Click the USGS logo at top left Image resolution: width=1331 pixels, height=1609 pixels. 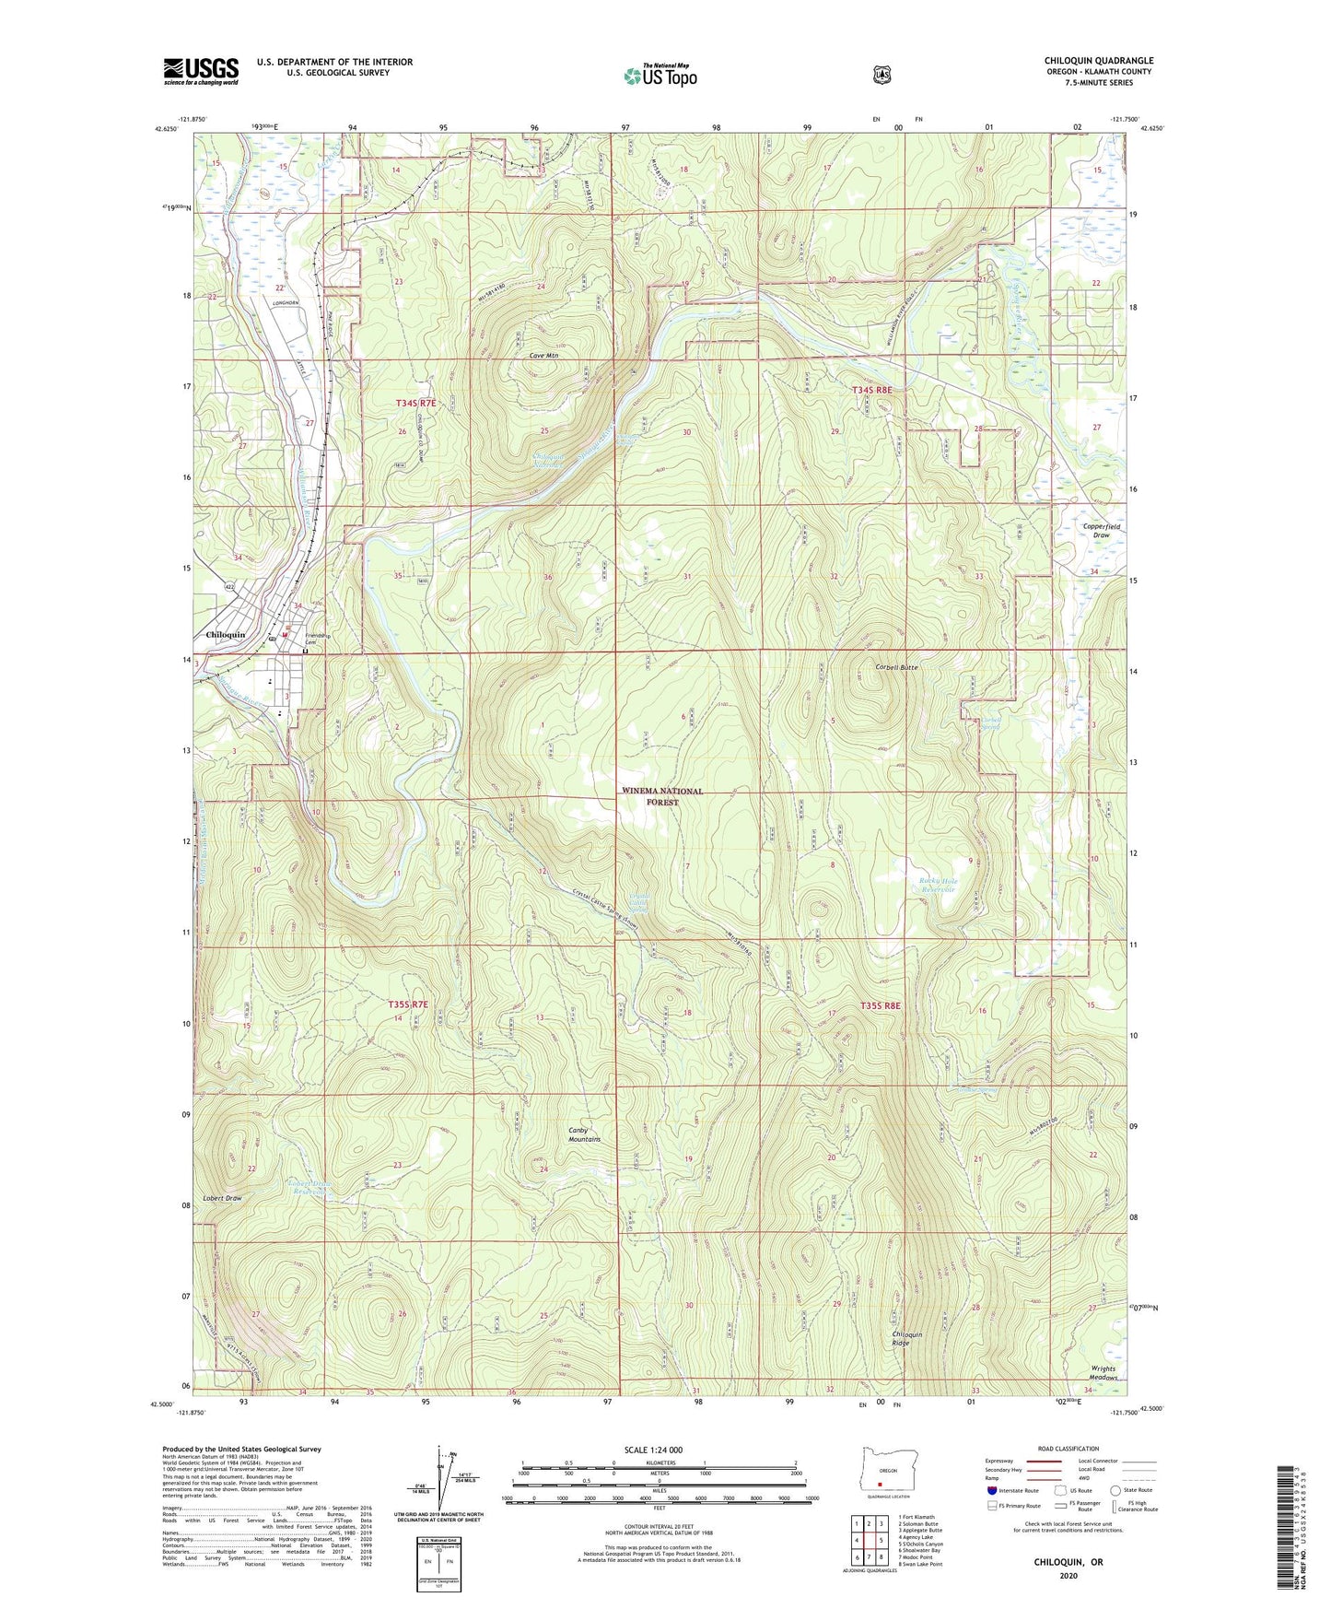point(201,71)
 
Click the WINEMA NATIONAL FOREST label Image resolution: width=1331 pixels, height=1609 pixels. point(662,796)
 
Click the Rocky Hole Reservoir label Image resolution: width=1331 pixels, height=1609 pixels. point(939,886)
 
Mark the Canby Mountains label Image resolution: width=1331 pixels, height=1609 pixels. point(584,1134)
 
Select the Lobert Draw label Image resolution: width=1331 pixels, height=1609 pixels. point(223,1198)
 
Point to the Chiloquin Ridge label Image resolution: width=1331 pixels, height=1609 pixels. point(906,1338)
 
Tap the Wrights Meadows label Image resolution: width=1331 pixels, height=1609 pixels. point(1103,1372)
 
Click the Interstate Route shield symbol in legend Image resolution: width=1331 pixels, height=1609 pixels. point(991,1490)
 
